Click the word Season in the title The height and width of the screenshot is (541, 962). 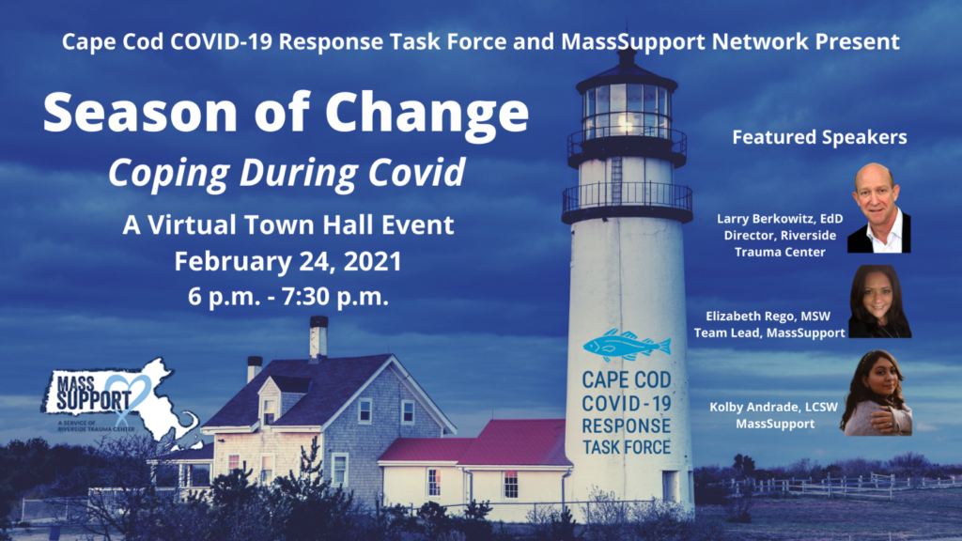pos(140,112)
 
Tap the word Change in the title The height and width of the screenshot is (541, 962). pos(427,114)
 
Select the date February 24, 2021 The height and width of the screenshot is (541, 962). pos(287,261)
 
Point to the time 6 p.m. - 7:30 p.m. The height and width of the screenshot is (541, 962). pos(288,296)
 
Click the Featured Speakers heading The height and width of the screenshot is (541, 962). pos(819,137)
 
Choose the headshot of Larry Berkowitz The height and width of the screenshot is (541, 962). pos(879,208)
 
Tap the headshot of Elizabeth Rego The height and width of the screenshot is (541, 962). pos(879,301)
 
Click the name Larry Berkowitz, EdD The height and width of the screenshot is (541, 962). pos(780,218)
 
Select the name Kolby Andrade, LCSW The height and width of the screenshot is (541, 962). pos(774,407)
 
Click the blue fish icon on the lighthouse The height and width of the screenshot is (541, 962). pos(627,346)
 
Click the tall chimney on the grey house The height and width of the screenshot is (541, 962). pos(318,337)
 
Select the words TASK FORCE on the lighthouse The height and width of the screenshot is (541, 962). pos(627,447)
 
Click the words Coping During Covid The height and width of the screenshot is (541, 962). pos(287,173)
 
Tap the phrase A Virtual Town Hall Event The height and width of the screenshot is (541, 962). pos(288,224)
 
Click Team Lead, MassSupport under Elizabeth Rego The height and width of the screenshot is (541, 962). pos(769,332)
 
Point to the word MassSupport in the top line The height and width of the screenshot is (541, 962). pos(633,41)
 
